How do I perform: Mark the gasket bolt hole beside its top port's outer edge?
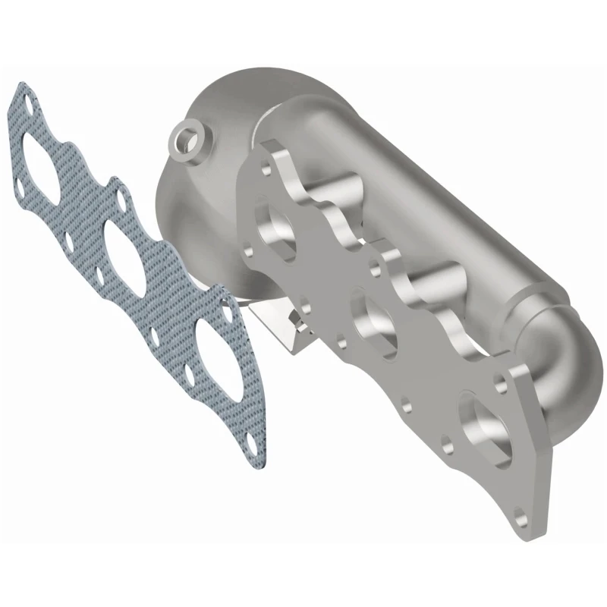tap(17, 184)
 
